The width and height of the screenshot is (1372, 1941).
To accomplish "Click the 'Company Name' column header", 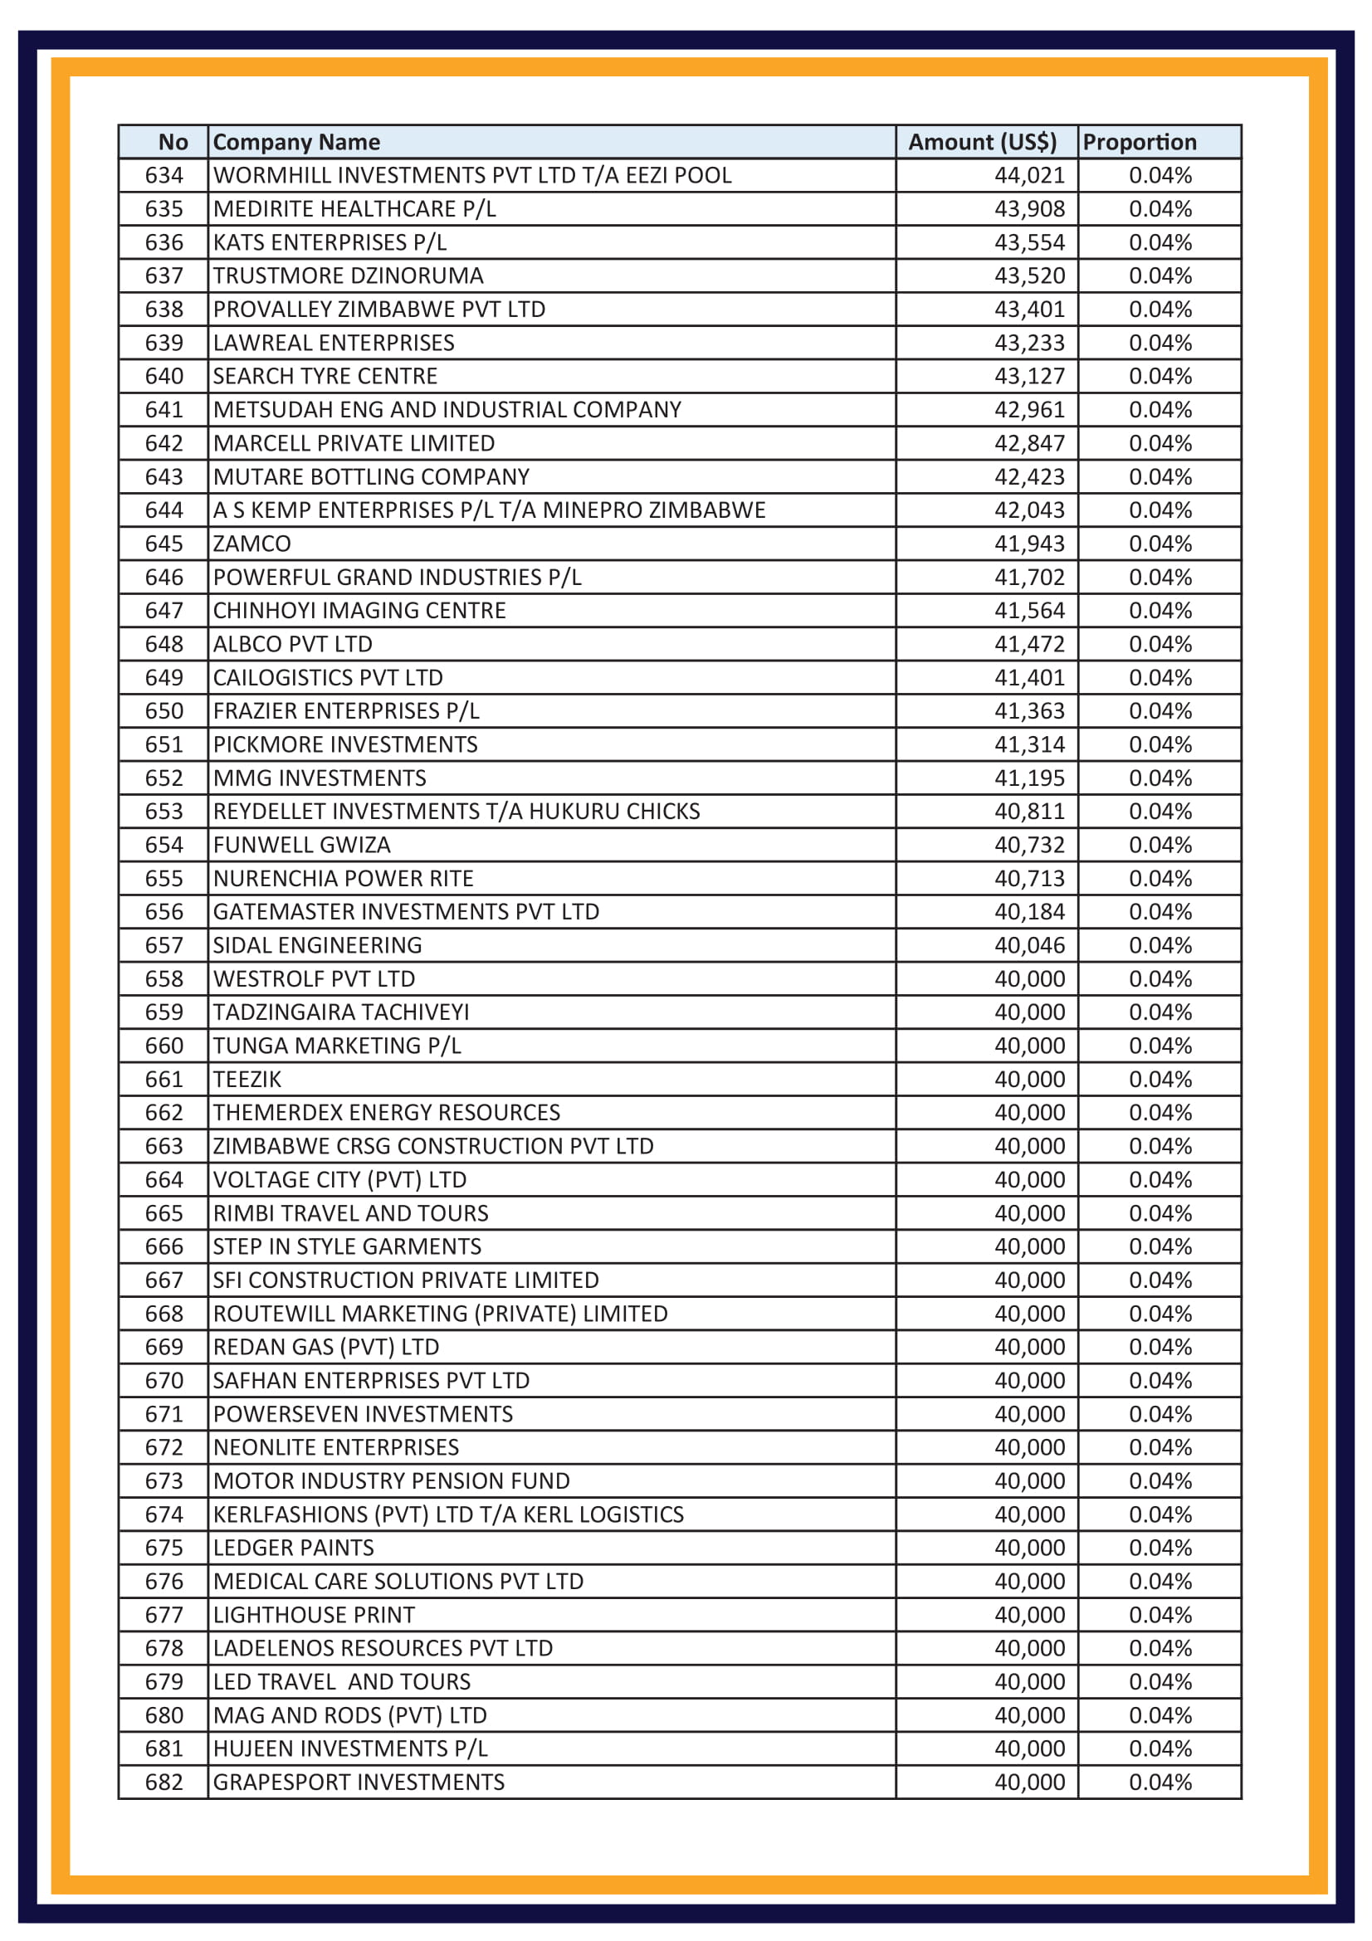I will pos(296,142).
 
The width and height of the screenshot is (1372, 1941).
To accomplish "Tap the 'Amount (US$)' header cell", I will pos(982,142).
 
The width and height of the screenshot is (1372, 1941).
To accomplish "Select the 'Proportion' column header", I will pos(1139,142).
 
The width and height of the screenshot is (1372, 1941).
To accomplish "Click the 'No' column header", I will pos(173,142).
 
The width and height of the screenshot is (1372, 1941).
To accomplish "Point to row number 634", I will pos(164,175).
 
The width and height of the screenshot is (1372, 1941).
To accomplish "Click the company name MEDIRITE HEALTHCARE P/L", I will pos(354,209).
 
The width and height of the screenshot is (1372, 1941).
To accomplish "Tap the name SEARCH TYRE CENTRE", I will pos(325,376).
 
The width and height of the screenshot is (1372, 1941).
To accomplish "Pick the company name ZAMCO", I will pos(252,544).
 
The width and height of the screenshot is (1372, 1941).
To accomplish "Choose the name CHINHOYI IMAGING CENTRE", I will pos(359,611).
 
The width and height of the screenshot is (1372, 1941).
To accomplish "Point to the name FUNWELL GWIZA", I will pos(302,845).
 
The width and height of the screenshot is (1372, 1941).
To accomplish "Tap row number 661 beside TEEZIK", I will pos(164,1080).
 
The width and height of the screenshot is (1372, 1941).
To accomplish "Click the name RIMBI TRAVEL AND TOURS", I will pos(351,1213).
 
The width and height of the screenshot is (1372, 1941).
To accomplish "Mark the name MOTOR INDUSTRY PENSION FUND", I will pos(392,1481).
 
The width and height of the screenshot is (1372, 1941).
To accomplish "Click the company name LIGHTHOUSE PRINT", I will pos(314,1615).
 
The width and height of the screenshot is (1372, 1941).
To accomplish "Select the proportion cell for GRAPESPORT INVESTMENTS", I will pos(1160,1782).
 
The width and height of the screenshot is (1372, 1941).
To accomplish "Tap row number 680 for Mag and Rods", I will pos(164,1715).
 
